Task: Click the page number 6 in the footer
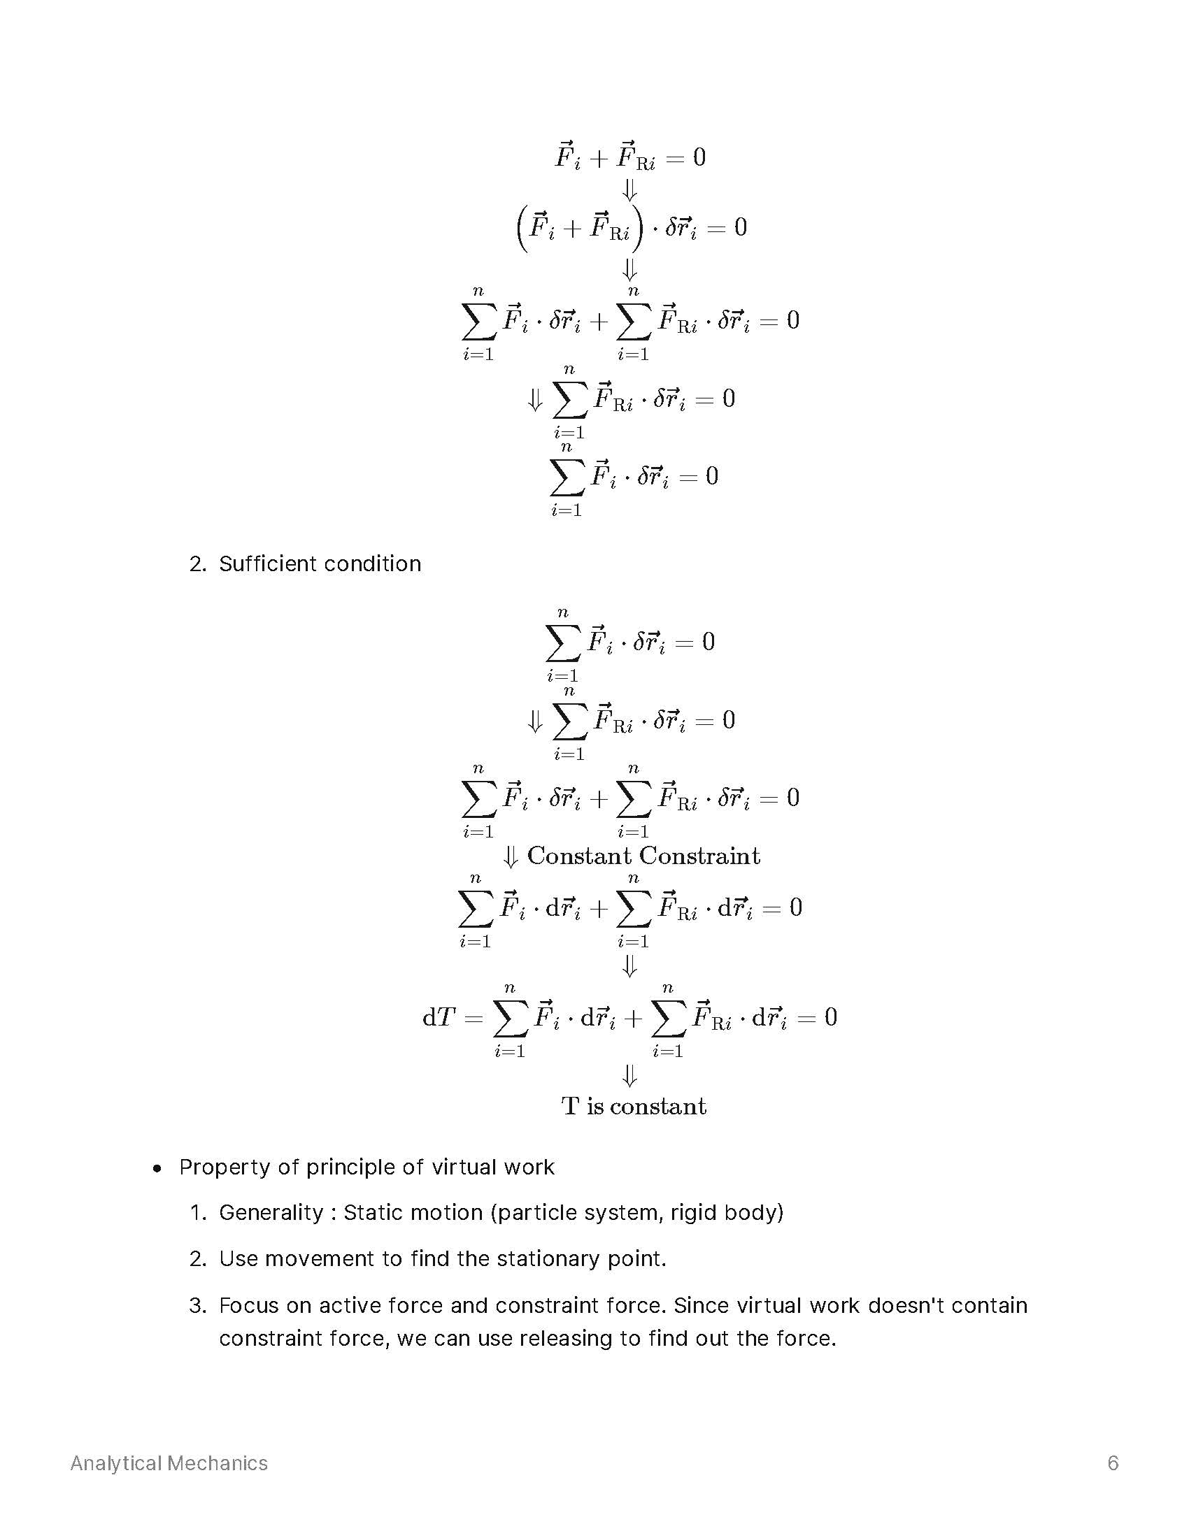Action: [x=1113, y=1463]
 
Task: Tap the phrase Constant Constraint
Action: [x=643, y=856]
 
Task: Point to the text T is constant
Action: [x=633, y=1106]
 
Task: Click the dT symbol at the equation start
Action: [x=439, y=1017]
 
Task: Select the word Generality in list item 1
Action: [x=271, y=1212]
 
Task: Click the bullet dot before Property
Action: [x=157, y=1169]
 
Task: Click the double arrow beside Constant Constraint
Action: [x=511, y=856]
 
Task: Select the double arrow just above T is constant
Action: [x=629, y=1075]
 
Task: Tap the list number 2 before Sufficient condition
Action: [x=197, y=564]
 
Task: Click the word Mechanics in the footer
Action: [x=218, y=1463]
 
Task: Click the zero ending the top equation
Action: [x=699, y=157]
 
